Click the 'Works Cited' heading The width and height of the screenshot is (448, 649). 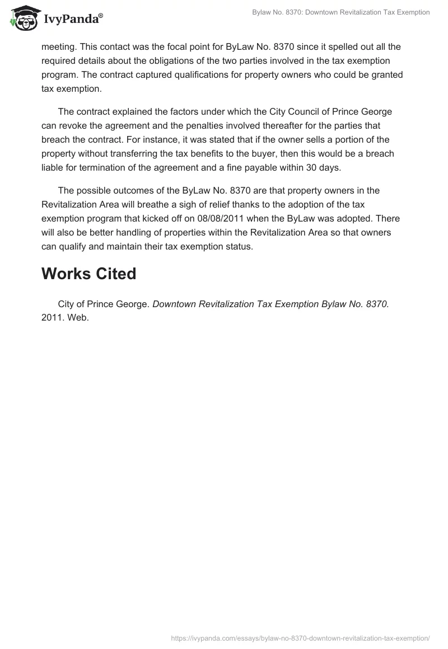pyautogui.click(x=89, y=274)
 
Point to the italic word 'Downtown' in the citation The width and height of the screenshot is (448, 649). pyautogui.click(x=174, y=304)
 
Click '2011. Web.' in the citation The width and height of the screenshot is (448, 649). pyautogui.click(x=65, y=318)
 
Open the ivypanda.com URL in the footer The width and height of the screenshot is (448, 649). pyautogui.click(x=299, y=638)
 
